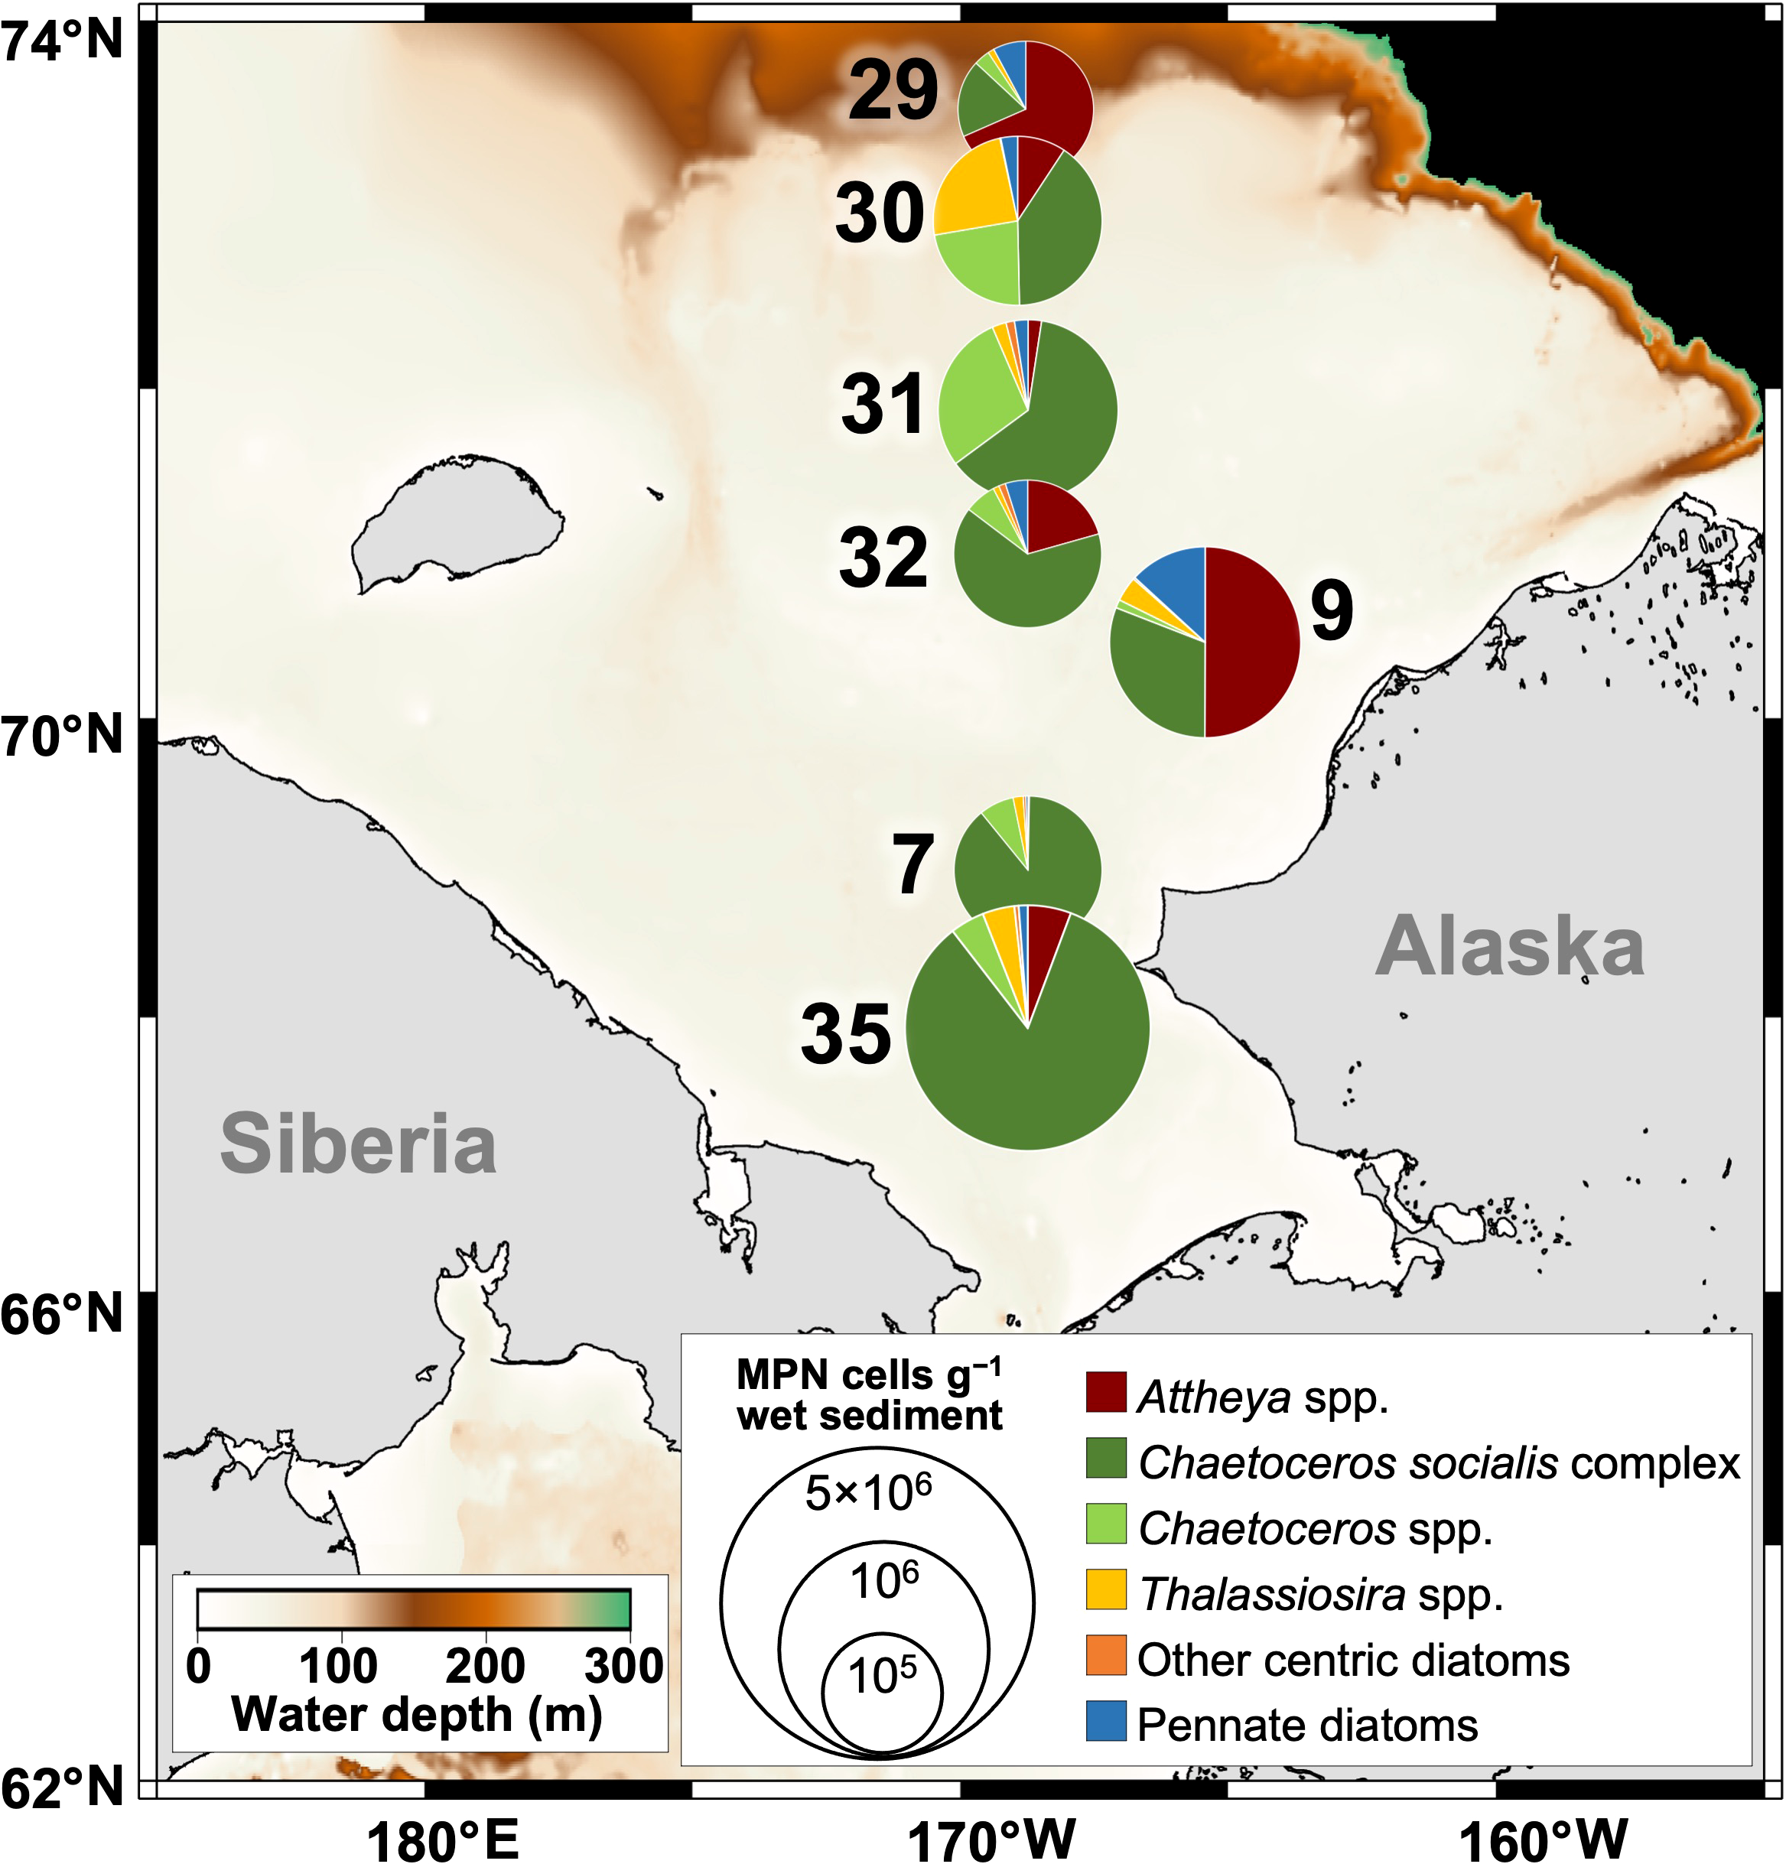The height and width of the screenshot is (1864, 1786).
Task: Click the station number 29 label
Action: tap(892, 90)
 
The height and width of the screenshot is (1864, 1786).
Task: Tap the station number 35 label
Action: tap(845, 1034)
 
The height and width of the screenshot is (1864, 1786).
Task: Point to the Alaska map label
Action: tap(1509, 946)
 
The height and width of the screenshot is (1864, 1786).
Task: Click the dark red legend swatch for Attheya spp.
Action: tap(1106, 1391)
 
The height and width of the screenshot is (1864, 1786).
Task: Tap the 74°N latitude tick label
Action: tap(63, 42)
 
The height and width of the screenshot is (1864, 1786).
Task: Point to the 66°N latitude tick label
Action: tap(63, 1313)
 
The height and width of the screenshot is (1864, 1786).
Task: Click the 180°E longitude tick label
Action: tap(443, 1840)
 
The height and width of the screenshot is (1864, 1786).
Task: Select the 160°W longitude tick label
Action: tap(1543, 1840)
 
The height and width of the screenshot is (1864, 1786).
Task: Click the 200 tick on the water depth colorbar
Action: tap(485, 1666)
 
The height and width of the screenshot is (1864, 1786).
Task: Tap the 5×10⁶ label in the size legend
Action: tap(868, 1493)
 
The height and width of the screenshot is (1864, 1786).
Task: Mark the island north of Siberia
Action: tap(457, 519)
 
